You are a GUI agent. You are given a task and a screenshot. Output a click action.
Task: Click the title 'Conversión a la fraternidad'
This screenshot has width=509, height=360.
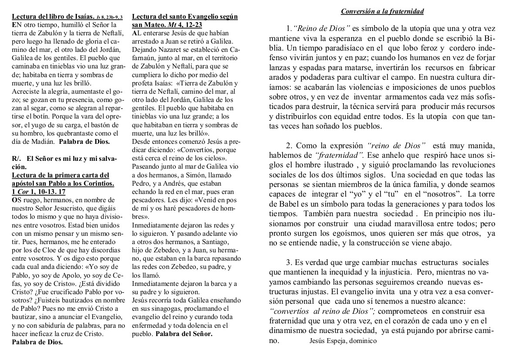click(x=382, y=11)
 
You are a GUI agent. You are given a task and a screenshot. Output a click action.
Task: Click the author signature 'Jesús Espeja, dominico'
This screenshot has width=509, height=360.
click(x=342, y=341)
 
